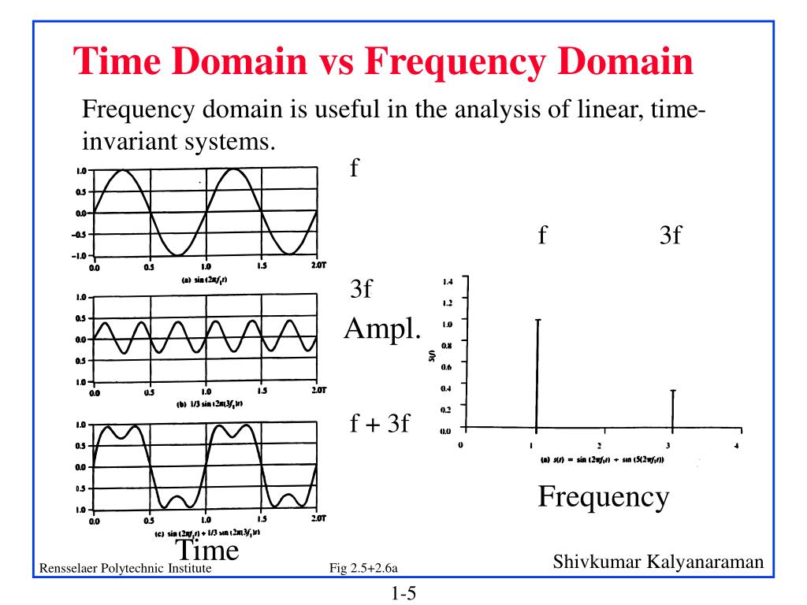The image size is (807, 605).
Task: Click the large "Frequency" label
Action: [x=603, y=496]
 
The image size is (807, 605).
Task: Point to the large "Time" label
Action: [x=206, y=549]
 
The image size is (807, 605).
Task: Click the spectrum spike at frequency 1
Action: [x=537, y=374]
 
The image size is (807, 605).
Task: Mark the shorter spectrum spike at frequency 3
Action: [x=672, y=409]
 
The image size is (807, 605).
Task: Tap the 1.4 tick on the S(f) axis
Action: [x=448, y=280]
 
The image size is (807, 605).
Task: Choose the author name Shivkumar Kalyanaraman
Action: [x=658, y=562]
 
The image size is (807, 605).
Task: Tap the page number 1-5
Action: [x=402, y=592]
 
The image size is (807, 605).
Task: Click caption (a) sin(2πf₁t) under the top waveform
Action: [x=205, y=280]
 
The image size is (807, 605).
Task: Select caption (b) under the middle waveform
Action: [x=205, y=403]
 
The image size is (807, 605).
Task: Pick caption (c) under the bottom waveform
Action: [x=205, y=534]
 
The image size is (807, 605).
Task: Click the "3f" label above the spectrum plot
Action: [x=670, y=236]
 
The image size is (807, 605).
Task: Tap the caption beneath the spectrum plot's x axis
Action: [x=601, y=459]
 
